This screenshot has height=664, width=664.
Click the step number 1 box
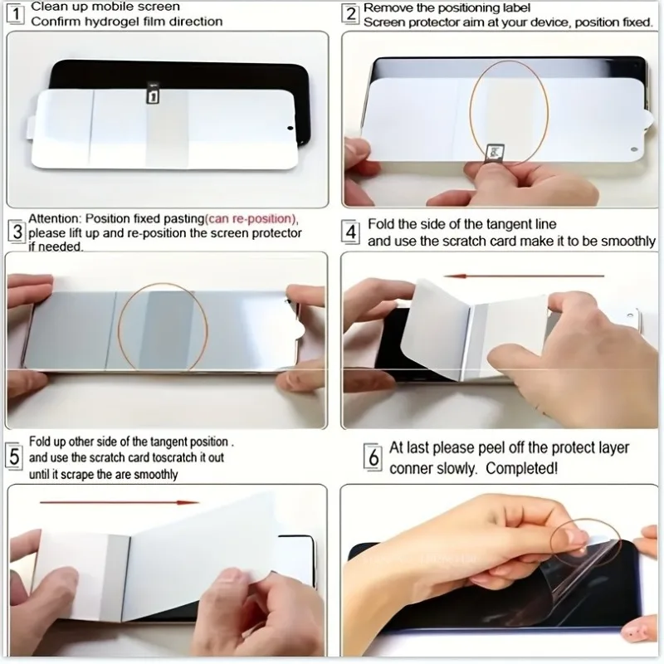[16, 14]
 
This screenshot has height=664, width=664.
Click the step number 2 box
[350, 14]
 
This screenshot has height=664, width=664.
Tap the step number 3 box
[17, 232]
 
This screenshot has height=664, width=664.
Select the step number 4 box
[350, 232]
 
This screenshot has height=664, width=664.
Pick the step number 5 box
[14, 456]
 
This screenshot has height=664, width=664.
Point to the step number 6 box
[373, 457]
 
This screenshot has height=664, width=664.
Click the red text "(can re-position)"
[251, 219]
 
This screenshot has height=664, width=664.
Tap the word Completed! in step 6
[522, 468]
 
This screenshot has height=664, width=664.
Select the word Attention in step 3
[54, 218]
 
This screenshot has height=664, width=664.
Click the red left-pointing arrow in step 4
[524, 276]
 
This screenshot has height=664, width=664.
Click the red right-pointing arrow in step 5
[119, 503]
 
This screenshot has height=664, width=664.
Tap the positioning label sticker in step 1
[153, 94]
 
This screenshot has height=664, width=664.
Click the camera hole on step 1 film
[290, 128]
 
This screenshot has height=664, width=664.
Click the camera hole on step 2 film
[634, 149]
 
